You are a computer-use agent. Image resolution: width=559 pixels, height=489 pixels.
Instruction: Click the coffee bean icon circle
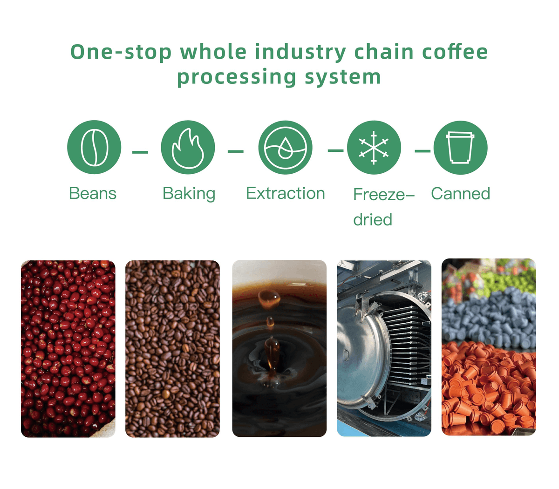pyautogui.click(x=94, y=148)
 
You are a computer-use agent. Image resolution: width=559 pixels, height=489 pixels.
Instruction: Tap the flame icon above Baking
pyautogui.click(x=188, y=148)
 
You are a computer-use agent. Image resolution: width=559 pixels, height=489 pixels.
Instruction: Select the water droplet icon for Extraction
pyautogui.click(x=285, y=148)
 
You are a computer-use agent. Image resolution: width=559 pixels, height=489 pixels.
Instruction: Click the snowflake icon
pyautogui.click(x=374, y=148)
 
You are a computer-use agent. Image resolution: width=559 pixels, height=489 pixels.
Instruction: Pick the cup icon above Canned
pyautogui.click(x=460, y=148)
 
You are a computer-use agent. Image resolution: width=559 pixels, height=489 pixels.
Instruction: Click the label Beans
pyautogui.click(x=93, y=193)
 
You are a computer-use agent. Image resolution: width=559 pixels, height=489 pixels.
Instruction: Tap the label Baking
pyautogui.click(x=189, y=194)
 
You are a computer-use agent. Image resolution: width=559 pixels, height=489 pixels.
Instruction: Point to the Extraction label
pyautogui.click(x=285, y=193)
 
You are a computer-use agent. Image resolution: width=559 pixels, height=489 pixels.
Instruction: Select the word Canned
pyautogui.click(x=460, y=193)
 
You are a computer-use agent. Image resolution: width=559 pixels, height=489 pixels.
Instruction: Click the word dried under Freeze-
pyautogui.click(x=373, y=219)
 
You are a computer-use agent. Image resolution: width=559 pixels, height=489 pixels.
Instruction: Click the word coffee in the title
pyautogui.click(x=455, y=51)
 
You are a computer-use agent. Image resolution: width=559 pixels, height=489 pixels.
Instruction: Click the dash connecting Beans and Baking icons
pyautogui.click(x=140, y=152)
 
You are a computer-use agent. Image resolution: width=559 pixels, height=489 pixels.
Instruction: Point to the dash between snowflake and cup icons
pyautogui.click(x=423, y=151)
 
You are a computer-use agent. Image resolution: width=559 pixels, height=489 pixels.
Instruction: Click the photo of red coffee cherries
pyautogui.click(x=68, y=348)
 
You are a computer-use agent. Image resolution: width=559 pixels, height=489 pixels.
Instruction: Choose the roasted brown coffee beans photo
pyautogui.click(x=172, y=348)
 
